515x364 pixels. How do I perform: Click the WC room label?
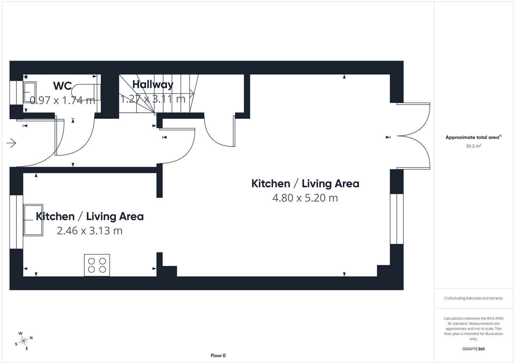[x=62, y=86]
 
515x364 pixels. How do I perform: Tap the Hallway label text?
[x=153, y=84]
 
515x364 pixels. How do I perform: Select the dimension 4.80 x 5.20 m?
[x=305, y=198]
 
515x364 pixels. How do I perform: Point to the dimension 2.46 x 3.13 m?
[x=89, y=231]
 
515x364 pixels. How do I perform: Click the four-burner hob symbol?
[x=97, y=265]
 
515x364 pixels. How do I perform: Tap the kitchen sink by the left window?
[x=33, y=220]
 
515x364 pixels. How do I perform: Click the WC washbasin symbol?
[x=30, y=92]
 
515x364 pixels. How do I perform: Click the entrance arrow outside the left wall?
[x=11, y=143]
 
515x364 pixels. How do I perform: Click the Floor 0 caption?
[x=218, y=356]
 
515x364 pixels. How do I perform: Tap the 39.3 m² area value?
[x=473, y=146]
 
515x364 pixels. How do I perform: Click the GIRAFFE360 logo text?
[x=473, y=349]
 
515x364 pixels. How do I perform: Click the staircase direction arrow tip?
[x=192, y=94]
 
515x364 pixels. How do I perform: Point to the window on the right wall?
[x=397, y=219]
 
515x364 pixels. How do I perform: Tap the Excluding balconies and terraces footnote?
[x=473, y=298]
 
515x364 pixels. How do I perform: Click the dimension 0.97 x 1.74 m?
[x=62, y=100]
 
